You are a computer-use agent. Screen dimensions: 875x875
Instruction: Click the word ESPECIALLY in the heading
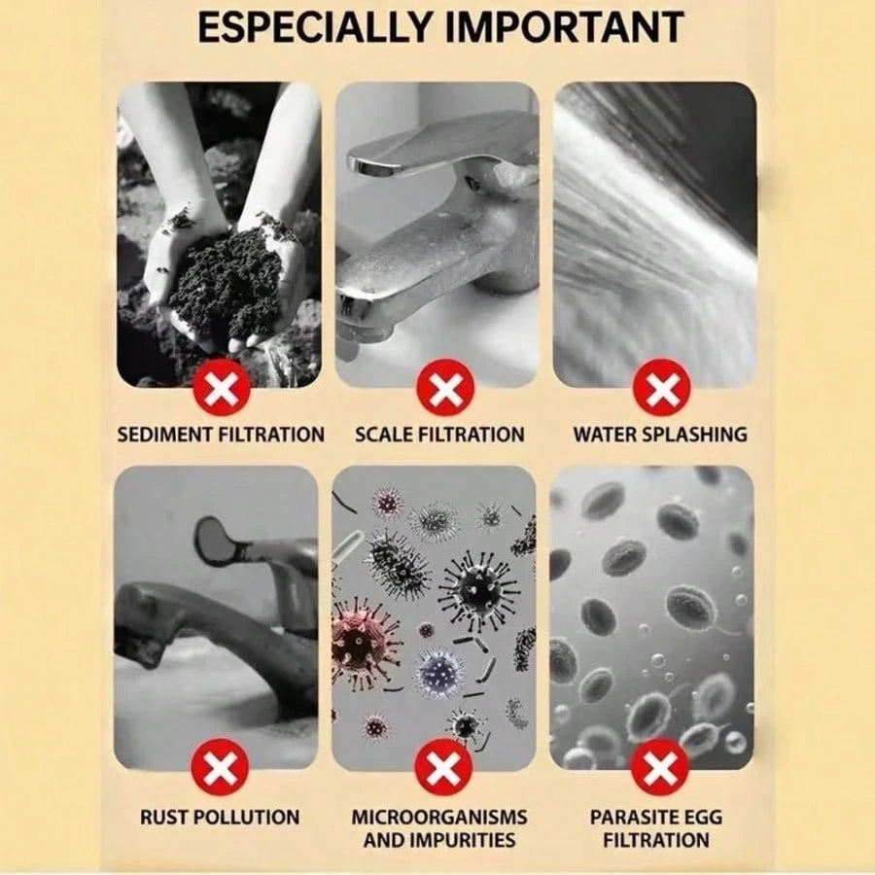coord(316,27)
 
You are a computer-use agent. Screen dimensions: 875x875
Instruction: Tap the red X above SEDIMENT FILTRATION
coord(221,387)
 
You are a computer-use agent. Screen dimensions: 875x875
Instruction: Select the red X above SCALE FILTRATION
coord(444,387)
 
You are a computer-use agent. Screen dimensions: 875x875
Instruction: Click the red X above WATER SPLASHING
coord(661,387)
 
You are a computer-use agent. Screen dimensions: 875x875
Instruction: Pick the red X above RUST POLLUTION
coord(220,768)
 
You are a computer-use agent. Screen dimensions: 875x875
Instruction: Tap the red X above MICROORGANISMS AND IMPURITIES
coord(443,768)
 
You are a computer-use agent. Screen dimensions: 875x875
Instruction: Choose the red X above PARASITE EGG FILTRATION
coord(659,768)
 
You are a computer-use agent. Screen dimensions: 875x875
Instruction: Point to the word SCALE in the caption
coord(384,435)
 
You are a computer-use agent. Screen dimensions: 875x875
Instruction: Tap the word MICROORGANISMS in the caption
coord(439,818)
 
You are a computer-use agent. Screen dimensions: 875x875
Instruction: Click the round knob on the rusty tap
coord(213,539)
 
